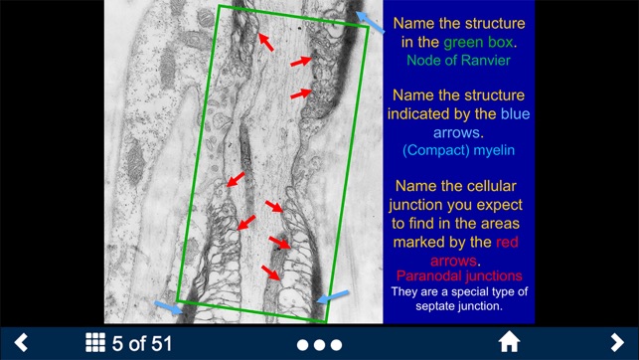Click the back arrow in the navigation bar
pos(20,343)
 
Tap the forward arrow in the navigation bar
pos(616,343)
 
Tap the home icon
pos(509,343)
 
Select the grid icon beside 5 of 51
pos(95,343)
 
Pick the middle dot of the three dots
pos(319,344)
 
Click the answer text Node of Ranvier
pos(458,61)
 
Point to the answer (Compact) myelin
pos(458,151)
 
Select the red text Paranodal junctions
pos(458,275)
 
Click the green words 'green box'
pos(478,43)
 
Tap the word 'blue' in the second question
pos(515,114)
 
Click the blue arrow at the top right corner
pos(372,22)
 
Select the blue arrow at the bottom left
pos(168,308)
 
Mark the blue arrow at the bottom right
pos(332,296)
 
